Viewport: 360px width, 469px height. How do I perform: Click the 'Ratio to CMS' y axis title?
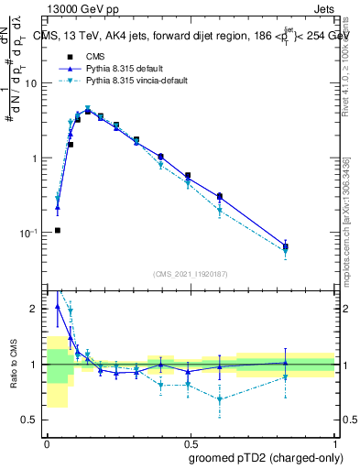pyautogui.click(x=13, y=365)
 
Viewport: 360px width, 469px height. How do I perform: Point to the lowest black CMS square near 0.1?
pyautogui.click(x=58, y=230)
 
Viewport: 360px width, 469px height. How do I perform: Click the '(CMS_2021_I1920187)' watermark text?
pyautogui.click(x=191, y=274)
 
